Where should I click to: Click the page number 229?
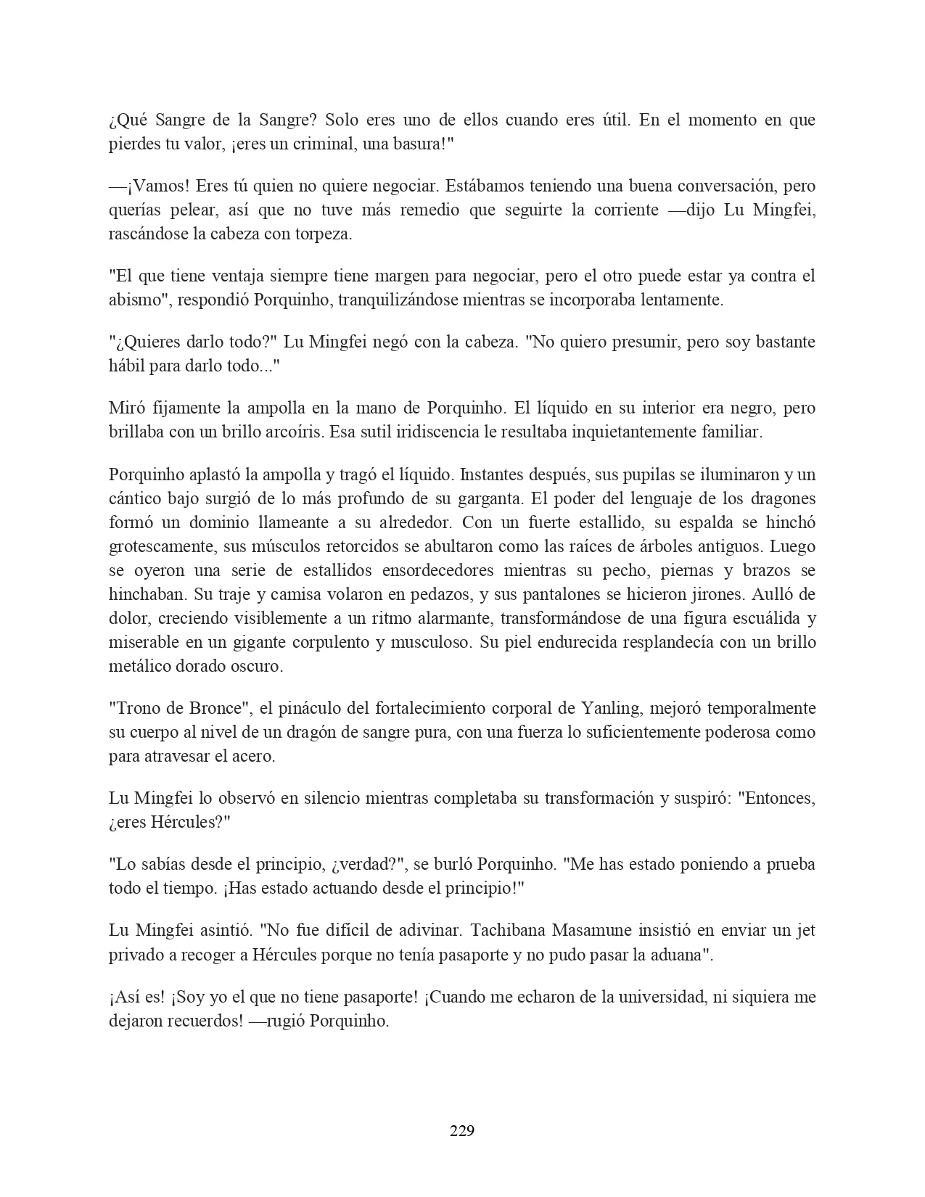point(462,1130)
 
